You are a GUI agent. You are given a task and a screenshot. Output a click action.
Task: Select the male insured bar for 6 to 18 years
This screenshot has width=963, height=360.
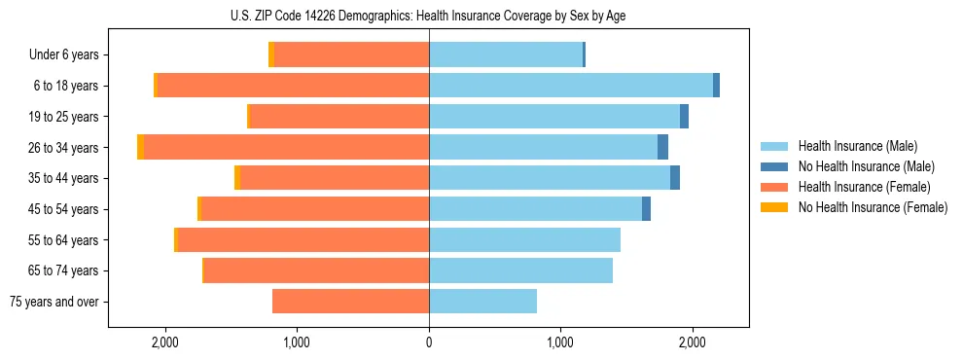(x=571, y=86)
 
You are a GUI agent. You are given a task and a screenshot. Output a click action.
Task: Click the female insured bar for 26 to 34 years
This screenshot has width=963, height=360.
(x=287, y=147)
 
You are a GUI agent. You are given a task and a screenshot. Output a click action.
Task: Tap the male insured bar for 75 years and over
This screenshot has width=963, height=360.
(x=482, y=302)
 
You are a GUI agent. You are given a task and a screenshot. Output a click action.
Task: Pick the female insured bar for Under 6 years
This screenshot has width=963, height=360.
(x=351, y=54)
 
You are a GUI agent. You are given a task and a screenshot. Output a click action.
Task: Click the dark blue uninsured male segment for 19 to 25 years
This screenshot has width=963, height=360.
(x=684, y=117)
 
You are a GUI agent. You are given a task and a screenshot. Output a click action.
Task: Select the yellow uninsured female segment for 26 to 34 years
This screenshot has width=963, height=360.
(x=141, y=147)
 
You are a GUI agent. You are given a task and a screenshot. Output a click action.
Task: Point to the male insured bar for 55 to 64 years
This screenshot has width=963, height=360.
(x=524, y=239)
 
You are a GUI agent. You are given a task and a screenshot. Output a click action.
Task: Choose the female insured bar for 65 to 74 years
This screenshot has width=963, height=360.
(x=317, y=270)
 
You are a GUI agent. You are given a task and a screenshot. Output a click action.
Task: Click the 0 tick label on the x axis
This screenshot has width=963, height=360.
(x=429, y=342)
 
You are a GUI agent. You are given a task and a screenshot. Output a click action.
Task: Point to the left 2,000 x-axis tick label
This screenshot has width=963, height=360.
(x=165, y=342)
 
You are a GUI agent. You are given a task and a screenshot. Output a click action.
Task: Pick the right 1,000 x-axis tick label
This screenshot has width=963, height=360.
(x=560, y=342)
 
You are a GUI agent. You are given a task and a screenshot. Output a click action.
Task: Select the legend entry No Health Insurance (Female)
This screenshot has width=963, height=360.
(x=873, y=207)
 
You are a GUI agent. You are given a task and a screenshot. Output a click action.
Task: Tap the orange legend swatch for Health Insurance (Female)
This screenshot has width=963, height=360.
(x=774, y=187)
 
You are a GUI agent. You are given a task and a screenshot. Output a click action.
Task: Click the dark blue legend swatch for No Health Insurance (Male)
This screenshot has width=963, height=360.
(x=774, y=166)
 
